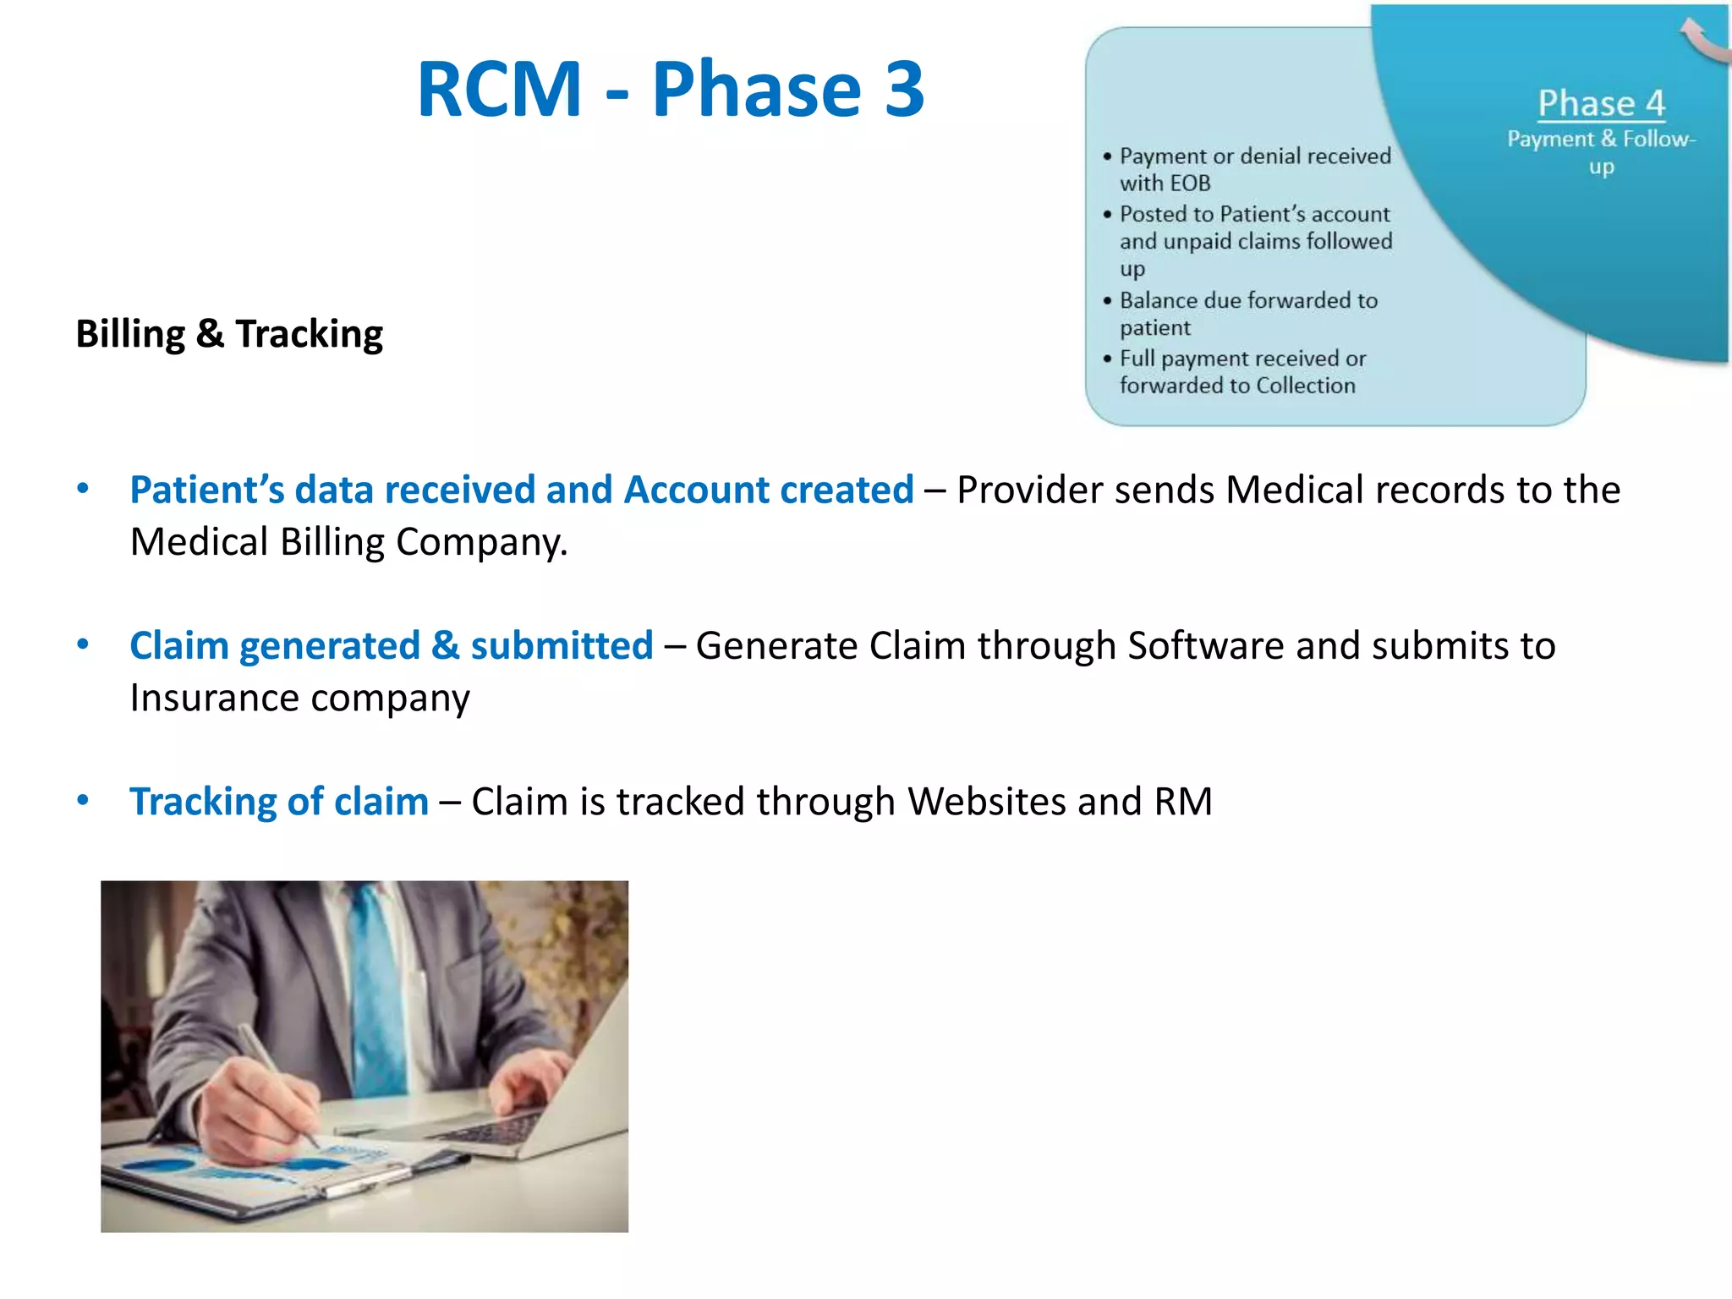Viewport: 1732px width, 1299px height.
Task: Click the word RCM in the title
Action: click(500, 89)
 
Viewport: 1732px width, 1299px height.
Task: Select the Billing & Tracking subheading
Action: click(229, 333)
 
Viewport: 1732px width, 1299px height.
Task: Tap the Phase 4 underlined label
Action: click(1600, 103)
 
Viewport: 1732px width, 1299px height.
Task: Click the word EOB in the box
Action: click(1189, 184)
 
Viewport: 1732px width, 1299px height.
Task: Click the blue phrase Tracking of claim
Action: click(279, 801)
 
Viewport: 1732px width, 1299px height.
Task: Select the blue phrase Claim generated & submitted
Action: click(392, 645)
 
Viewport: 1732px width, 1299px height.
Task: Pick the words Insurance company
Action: click(299, 698)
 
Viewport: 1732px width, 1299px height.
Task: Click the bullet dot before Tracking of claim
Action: click(83, 800)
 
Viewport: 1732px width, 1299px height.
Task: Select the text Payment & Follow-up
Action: click(1600, 151)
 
